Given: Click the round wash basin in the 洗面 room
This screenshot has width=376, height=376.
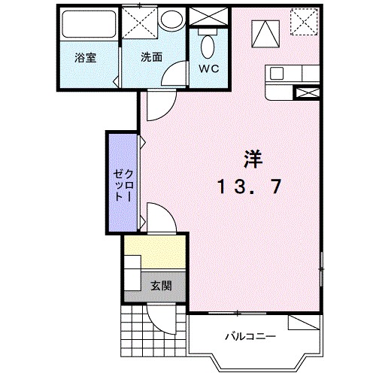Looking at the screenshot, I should tap(171, 20).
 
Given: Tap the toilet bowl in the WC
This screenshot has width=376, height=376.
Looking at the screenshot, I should tap(207, 46).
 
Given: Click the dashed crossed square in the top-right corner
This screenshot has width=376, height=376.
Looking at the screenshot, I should tap(304, 20).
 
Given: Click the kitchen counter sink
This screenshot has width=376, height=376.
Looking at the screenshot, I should tap(277, 74).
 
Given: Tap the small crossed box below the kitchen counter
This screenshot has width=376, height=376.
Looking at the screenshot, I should tap(308, 93).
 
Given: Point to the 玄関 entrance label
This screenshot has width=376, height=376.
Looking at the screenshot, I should tap(159, 286).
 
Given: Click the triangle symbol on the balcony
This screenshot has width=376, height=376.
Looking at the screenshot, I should tap(304, 323).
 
